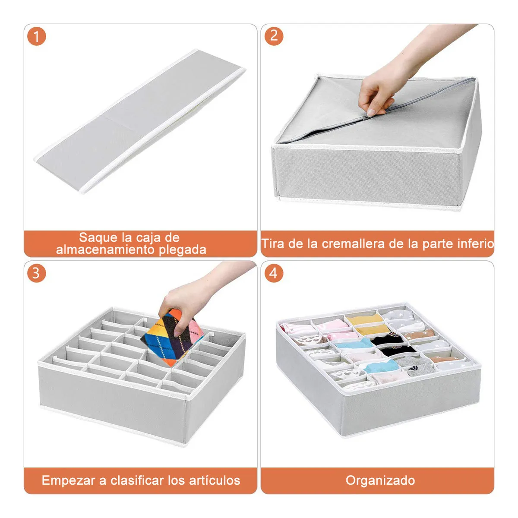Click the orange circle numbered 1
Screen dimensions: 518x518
[37, 36]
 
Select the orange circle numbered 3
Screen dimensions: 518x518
[37, 273]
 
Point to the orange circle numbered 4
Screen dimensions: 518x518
[274, 273]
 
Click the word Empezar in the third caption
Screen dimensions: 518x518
[68, 480]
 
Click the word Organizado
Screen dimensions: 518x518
[380, 480]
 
